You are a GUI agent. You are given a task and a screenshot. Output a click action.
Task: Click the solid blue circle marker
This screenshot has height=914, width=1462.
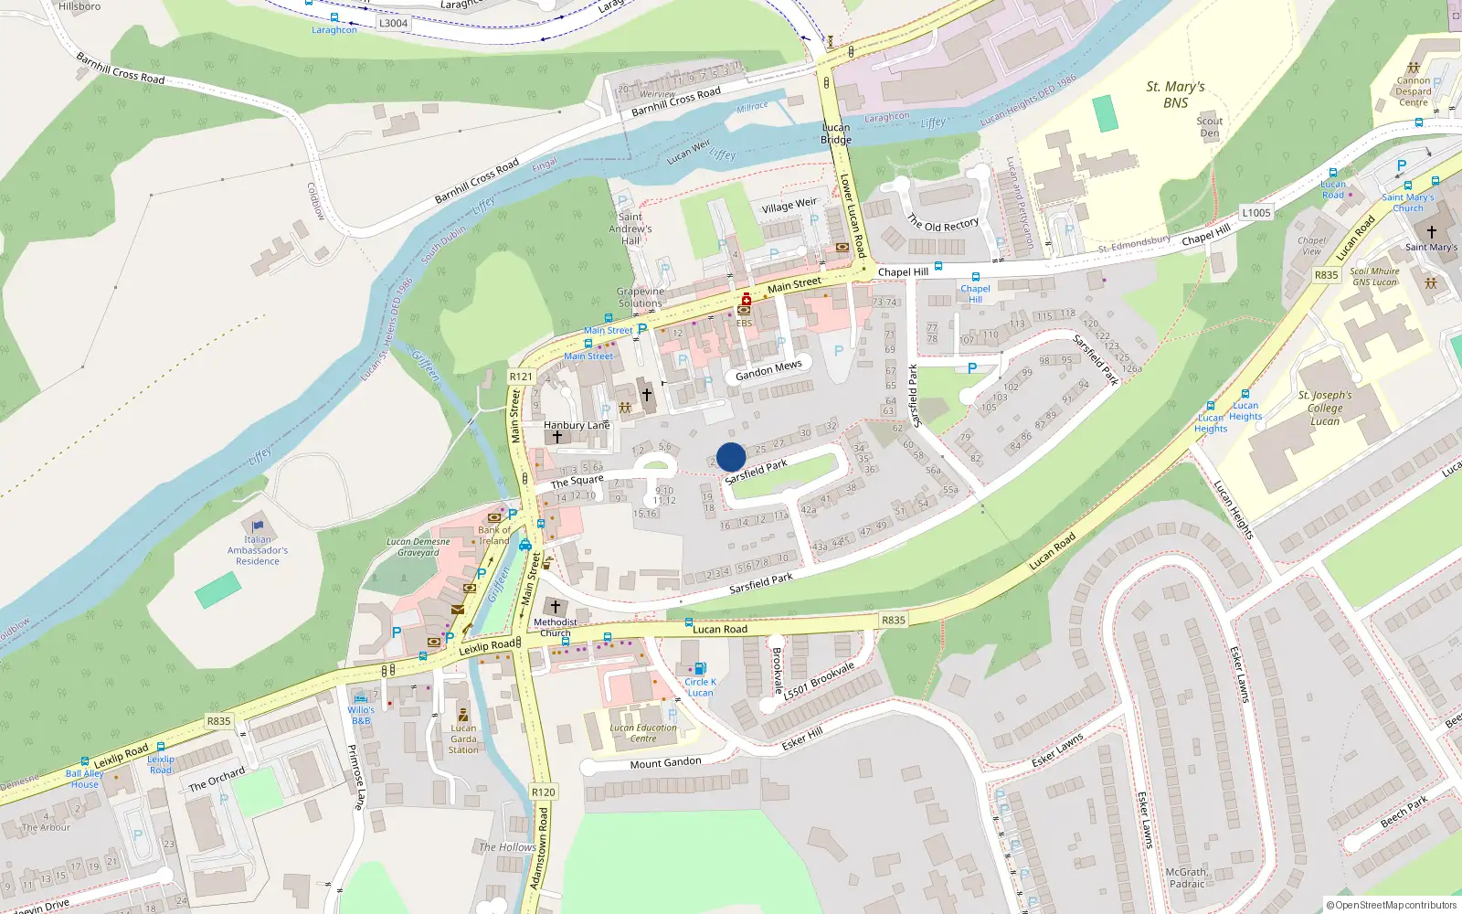[x=731, y=457]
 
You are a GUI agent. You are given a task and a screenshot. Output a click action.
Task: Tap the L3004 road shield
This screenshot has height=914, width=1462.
[x=393, y=24]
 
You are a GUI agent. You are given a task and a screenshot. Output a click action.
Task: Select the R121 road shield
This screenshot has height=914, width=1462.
[x=521, y=377]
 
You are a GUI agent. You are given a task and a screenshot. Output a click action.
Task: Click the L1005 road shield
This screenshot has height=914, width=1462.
[x=1256, y=213]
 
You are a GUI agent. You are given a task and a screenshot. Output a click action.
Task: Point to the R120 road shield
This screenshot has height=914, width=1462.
[x=543, y=792]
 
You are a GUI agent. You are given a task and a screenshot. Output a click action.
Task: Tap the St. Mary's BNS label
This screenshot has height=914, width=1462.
[x=1175, y=94]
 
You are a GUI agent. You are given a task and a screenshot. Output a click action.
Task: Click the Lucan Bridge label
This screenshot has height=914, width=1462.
[x=836, y=133]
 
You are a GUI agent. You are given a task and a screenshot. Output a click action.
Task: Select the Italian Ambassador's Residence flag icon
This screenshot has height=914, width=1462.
[x=258, y=526]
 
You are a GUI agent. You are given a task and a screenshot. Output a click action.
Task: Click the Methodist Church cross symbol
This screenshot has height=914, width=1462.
[x=555, y=607]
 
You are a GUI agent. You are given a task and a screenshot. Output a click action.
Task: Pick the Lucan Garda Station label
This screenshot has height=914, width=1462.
[x=463, y=739]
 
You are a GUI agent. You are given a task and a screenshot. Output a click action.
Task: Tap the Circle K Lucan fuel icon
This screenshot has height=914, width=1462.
[x=700, y=669]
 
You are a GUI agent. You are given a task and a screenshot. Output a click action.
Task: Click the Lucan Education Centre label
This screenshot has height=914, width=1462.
[x=643, y=733]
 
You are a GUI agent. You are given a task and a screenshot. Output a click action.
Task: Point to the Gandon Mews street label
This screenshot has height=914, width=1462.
[x=768, y=370]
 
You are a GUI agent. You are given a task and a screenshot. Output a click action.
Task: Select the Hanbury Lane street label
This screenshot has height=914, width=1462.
[x=577, y=425]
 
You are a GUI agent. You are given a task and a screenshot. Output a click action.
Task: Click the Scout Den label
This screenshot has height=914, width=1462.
[x=1210, y=127]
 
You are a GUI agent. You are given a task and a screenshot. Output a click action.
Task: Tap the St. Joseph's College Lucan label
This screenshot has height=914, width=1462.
[x=1325, y=408]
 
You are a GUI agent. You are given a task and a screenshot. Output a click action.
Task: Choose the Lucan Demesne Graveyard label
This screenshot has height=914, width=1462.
[x=418, y=547]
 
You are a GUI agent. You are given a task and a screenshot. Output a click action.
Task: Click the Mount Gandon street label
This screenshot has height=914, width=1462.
[x=665, y=763]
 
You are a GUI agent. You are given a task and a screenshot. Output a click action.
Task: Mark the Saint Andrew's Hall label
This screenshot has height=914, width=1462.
[x=630, y=228]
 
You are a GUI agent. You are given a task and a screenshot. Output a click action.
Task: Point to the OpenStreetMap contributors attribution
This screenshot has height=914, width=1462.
[x=1392, y=905]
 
